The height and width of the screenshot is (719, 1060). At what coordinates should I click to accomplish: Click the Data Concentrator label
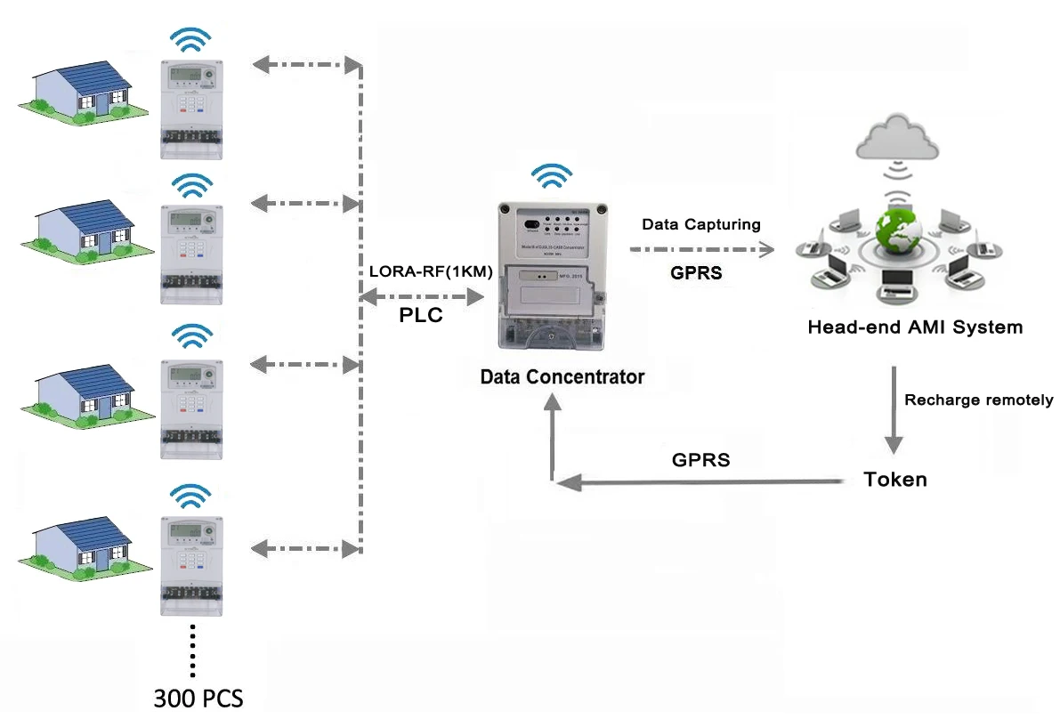coord(562,376)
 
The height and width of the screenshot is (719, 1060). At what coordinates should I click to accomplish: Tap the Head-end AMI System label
coord(914,327)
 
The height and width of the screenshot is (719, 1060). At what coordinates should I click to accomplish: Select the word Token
coord(894,480)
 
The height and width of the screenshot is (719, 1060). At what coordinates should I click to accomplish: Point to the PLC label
coord(420,316)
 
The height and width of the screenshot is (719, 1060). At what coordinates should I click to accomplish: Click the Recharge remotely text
coord(978,400)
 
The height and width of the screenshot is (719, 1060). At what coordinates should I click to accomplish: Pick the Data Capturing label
coord(701,224)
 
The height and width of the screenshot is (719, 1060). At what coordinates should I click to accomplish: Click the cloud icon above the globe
coord(896,139)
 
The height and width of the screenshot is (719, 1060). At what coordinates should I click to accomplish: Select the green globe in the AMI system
coord(896,237)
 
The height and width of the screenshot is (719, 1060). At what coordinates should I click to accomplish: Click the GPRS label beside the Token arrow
coord(700,460)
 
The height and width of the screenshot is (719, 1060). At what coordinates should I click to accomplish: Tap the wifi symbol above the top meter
coord(191,40)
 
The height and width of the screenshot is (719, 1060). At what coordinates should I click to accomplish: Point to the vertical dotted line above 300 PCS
coord(192,650)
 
